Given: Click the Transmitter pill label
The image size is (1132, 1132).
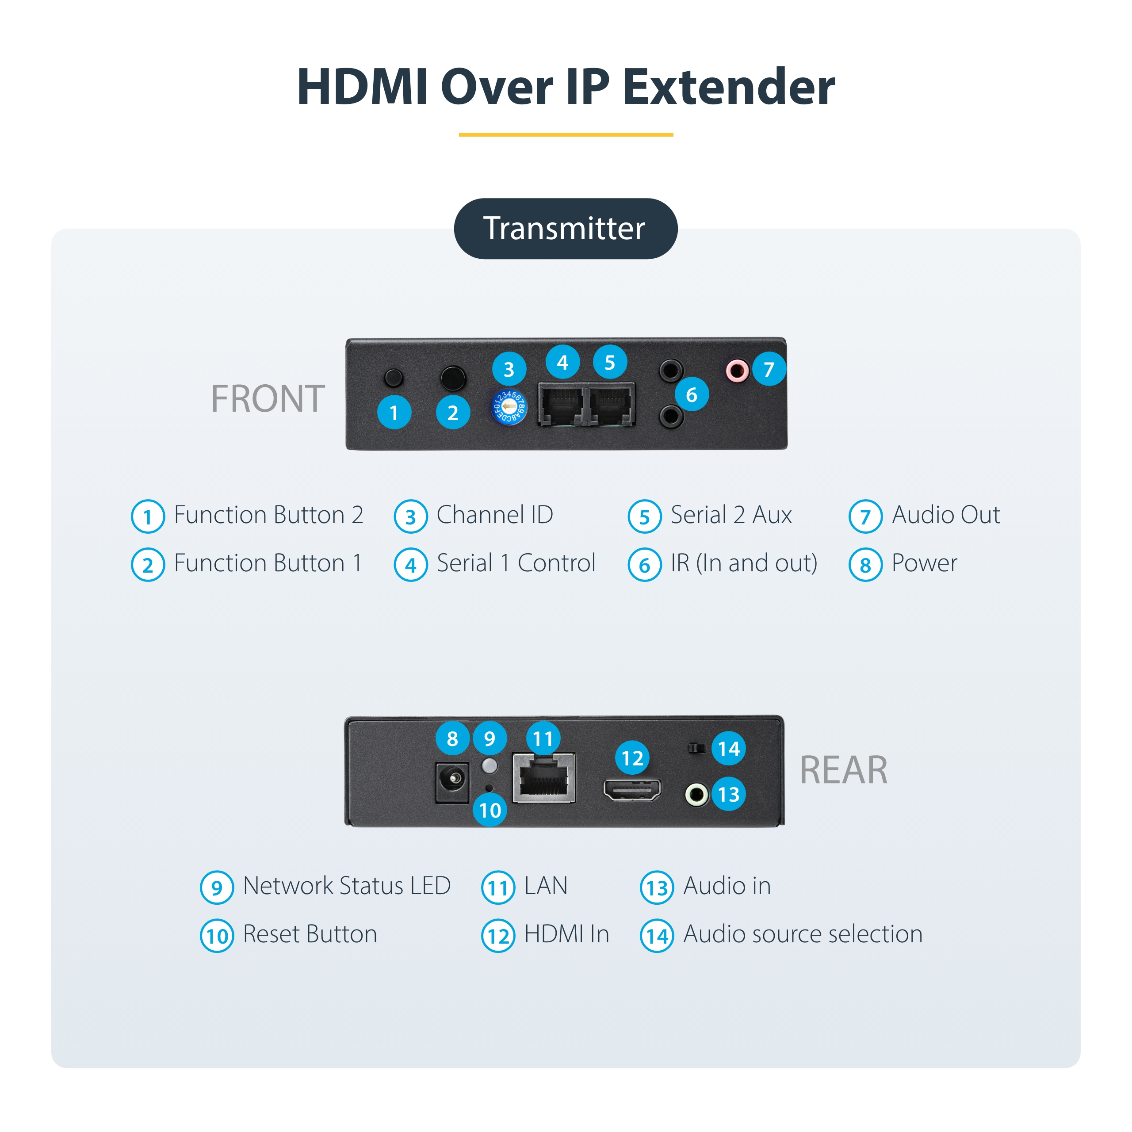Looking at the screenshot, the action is pos(566,229).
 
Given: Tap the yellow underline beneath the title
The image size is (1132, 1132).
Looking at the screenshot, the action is pos(566,135).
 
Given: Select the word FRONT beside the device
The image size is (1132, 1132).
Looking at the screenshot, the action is pos(268,398).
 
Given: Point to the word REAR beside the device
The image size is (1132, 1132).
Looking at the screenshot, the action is pos(844,770).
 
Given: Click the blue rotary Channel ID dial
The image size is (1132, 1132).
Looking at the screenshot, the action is pos(509,407).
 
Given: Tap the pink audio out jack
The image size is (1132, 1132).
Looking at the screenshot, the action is pos(737,370).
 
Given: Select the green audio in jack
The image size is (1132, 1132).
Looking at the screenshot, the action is pos(696,795).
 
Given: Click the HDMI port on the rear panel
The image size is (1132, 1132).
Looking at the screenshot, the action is pos(632,789).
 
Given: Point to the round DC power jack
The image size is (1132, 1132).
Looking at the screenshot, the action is pos(452,782).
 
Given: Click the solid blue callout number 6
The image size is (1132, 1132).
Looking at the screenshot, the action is pos(692,394).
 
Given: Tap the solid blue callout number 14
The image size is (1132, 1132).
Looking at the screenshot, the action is pos(729,748).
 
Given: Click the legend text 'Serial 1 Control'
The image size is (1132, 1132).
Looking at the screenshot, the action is pos(516,563).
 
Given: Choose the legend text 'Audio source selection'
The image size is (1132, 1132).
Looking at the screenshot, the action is pos(803,934).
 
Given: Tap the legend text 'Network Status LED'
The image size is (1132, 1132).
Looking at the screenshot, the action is pos(347,885).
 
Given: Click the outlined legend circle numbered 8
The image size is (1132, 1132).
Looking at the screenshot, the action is pos(865,565).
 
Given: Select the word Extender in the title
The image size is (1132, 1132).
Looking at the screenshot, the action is pos(729,87).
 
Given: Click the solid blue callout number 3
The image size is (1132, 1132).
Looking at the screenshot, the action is pos(509,369).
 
